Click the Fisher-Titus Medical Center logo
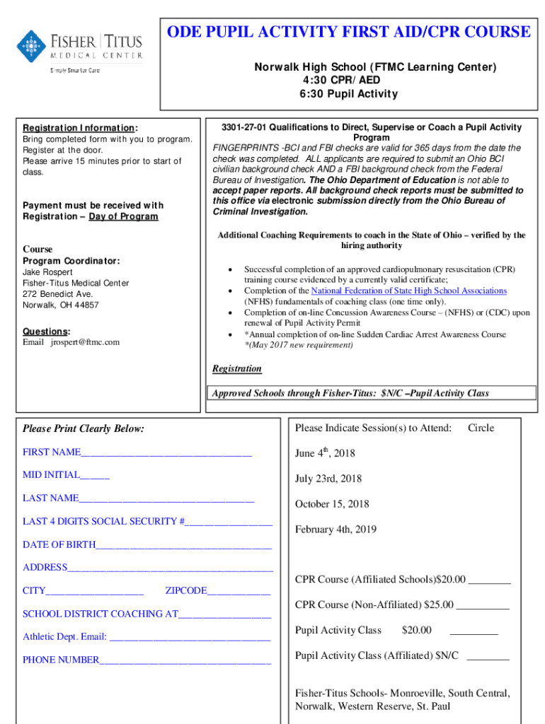click(x=79, y=49)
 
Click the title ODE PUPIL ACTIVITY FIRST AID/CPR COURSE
click(x=348, y=32)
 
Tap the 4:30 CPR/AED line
click(x=346, y=81)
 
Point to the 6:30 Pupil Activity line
click(x=346, y=94)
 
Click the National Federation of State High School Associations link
click(x=409, y=291)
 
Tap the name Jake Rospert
click(x=47, y=271)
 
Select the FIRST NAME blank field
click(x=166, y=452)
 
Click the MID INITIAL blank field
click(x=95, y=475)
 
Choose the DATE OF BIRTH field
click(x=183, y=544)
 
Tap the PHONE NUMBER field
click(x=185, y=660)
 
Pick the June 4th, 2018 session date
click(x=325, y=452)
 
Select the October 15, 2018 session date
click(x=332, y=504)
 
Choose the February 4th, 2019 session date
click(x=335, y=530)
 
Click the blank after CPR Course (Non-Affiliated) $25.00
click(x=483, y=605)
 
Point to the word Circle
click(x=481, y=428)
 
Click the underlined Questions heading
click(x=46, y=331)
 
